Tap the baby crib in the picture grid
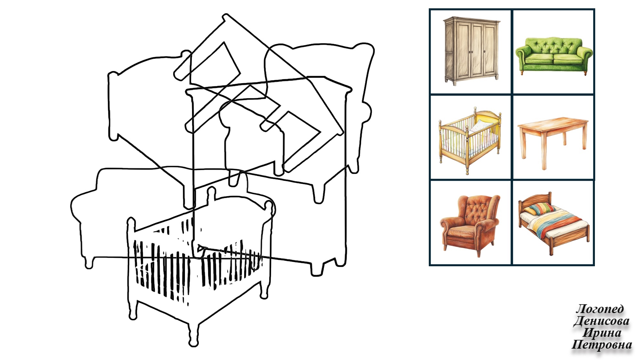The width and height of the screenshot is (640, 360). (x=470, y=140)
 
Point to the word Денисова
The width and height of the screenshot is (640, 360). (x=601, y=321)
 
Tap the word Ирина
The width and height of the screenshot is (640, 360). (x=602, y=333)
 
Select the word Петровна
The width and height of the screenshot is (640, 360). (x=602, y=345)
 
